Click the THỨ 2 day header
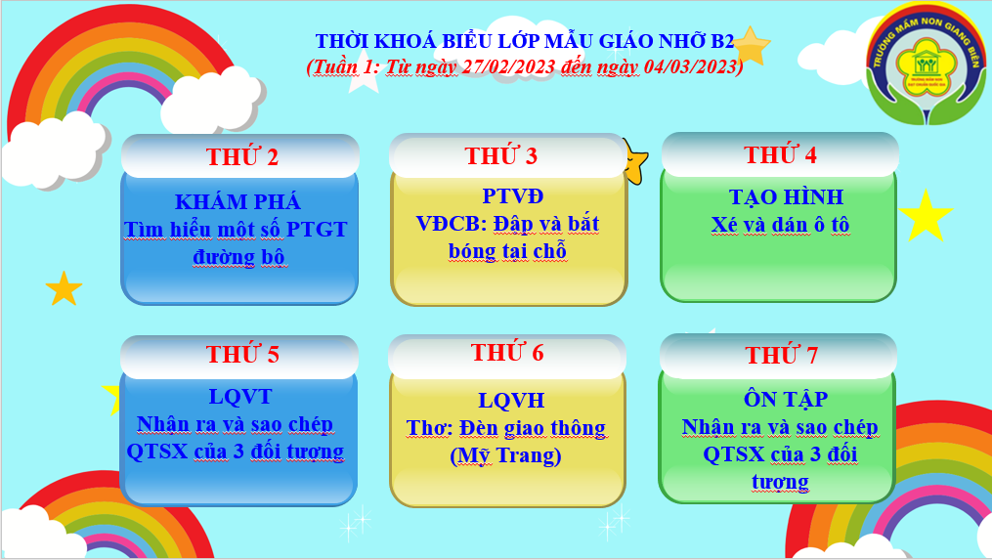coord(241,156)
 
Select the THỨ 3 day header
coord(501,155)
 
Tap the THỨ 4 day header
coord(780,154)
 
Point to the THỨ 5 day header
coord(242,354)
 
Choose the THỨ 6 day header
coord(507,352)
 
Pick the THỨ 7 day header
coord(781,355)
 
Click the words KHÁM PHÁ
coord(237,202)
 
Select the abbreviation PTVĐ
coord(512,196)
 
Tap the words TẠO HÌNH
coord(787,196)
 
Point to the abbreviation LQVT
coord(240,397)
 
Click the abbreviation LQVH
coord(511,400)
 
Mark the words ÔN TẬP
coord(786,399)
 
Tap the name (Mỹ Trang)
coord(505,455)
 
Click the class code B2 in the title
coord(722,41)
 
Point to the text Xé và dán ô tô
coord(780,225)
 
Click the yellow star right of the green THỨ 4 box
coord(925,216)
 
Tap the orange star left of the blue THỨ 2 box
coord(64,288)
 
